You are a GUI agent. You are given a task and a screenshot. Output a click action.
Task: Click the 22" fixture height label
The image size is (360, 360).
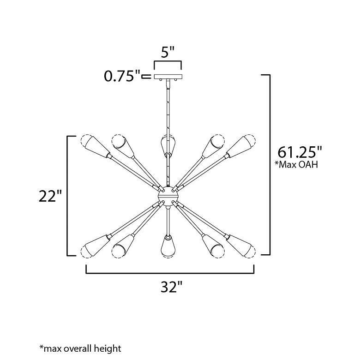click(x=50, y=196)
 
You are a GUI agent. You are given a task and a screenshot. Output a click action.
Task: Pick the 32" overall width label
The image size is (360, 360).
click(x=170, y=288)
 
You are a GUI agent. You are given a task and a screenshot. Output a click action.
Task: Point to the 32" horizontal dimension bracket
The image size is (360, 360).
click(x=170, y=273)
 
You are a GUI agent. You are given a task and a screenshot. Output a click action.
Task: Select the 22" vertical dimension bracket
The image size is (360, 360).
click(x=69, y=196)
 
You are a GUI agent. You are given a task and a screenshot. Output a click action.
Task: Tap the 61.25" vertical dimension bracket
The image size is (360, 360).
click(x=268, y=164)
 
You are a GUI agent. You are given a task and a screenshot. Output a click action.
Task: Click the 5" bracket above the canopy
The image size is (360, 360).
click(x=168, y=63)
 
